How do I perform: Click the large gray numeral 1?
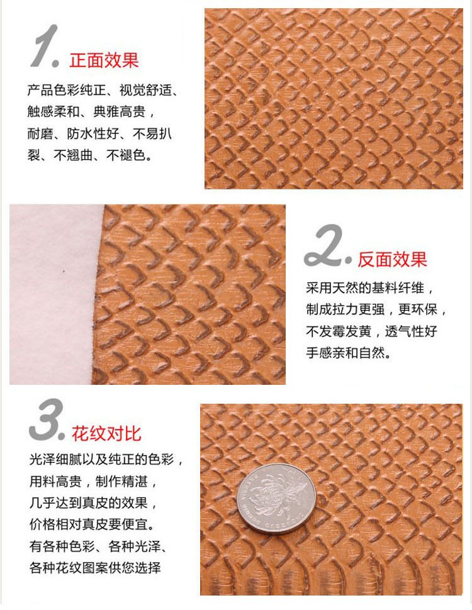[x=43, y=46]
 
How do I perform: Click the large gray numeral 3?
[x=45, y=419]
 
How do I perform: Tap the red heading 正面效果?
[x=104, y=60]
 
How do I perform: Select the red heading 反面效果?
[x=392, y=260]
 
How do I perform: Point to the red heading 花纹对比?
[x=106, y=433]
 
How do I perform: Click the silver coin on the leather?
[x=276, y=498]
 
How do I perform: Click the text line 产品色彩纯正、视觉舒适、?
[x=103, y=91]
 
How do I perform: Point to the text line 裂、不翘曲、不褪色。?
[x=90, y=155]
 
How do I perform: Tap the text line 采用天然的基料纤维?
[x=370, y=288]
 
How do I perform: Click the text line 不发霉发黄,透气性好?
[x=371, y=331]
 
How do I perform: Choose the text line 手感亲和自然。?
[x=349, y=353]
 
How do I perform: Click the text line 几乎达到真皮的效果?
[x=94, y=503]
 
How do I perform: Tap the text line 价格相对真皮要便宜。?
[x=92, y=525]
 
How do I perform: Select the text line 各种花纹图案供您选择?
[x=95, y=568]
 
